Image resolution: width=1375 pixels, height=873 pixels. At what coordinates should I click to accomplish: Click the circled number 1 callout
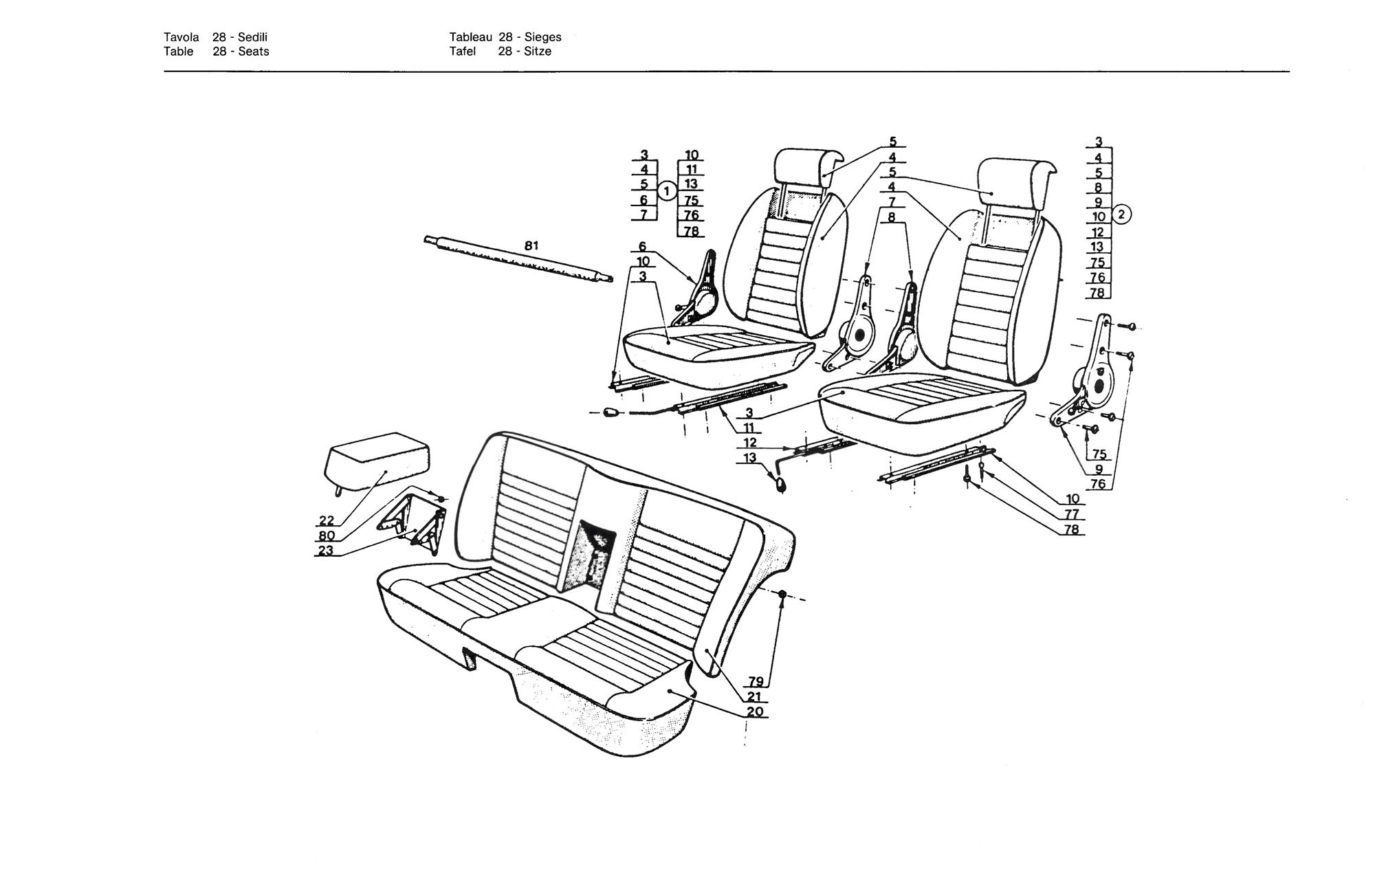tap(667, 191)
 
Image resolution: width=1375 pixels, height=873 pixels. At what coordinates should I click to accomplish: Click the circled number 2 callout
tap(1121, 214)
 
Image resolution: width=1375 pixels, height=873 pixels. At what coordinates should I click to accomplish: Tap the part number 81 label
tap(531, 245)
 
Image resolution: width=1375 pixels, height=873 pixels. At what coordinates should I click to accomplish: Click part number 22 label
tap(326, 521)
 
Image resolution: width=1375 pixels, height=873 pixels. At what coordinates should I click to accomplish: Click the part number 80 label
tap(327, 536)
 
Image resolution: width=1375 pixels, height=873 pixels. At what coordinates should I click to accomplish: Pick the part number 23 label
tap(325, 551)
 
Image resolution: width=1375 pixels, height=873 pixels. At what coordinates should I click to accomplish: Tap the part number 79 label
tap(756, 681)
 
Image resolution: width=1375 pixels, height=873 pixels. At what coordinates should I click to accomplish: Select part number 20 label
tap(755, 711)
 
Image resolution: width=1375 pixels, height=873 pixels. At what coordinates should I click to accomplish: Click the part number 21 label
tap(755, 696)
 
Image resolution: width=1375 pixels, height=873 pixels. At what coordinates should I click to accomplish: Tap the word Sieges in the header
tap(542, 37)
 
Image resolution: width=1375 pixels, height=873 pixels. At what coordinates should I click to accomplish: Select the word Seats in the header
tap(254, 52)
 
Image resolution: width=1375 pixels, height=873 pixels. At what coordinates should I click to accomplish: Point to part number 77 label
tap(1072, 514)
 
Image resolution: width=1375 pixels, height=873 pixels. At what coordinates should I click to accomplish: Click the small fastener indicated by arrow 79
tap(782, 594)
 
